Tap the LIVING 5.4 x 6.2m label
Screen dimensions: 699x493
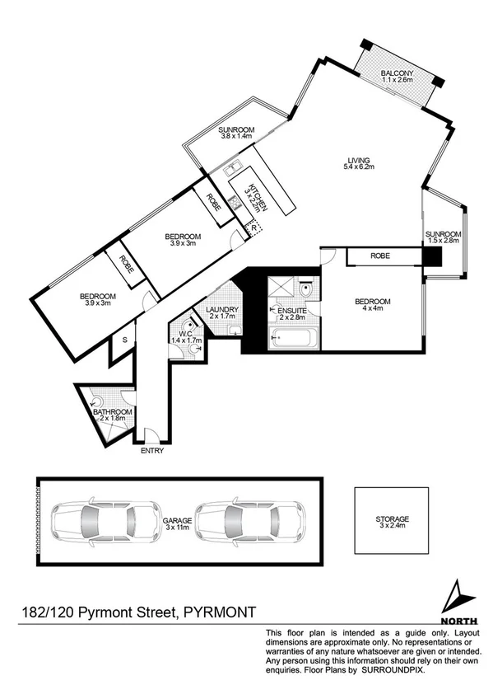[358, 163]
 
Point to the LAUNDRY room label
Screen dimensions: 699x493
[222, 312]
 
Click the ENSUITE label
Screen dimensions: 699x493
[292, 312]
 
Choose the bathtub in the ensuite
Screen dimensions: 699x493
[292, 336]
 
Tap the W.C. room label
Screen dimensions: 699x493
[187, 335]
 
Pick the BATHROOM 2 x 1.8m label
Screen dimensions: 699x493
[112, 415]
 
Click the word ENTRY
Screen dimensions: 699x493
[152, 451]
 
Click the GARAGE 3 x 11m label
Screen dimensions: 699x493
[177, 525]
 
